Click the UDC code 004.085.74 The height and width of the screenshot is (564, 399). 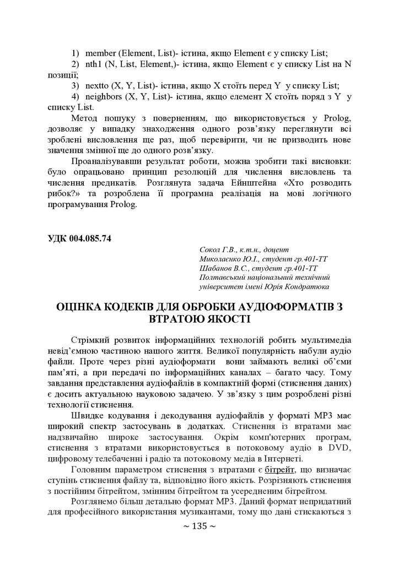click(x=88, y=238)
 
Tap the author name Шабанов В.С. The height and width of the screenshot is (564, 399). click(x=220, y=268)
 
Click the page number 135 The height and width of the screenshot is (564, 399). click(x=199, y=526)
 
